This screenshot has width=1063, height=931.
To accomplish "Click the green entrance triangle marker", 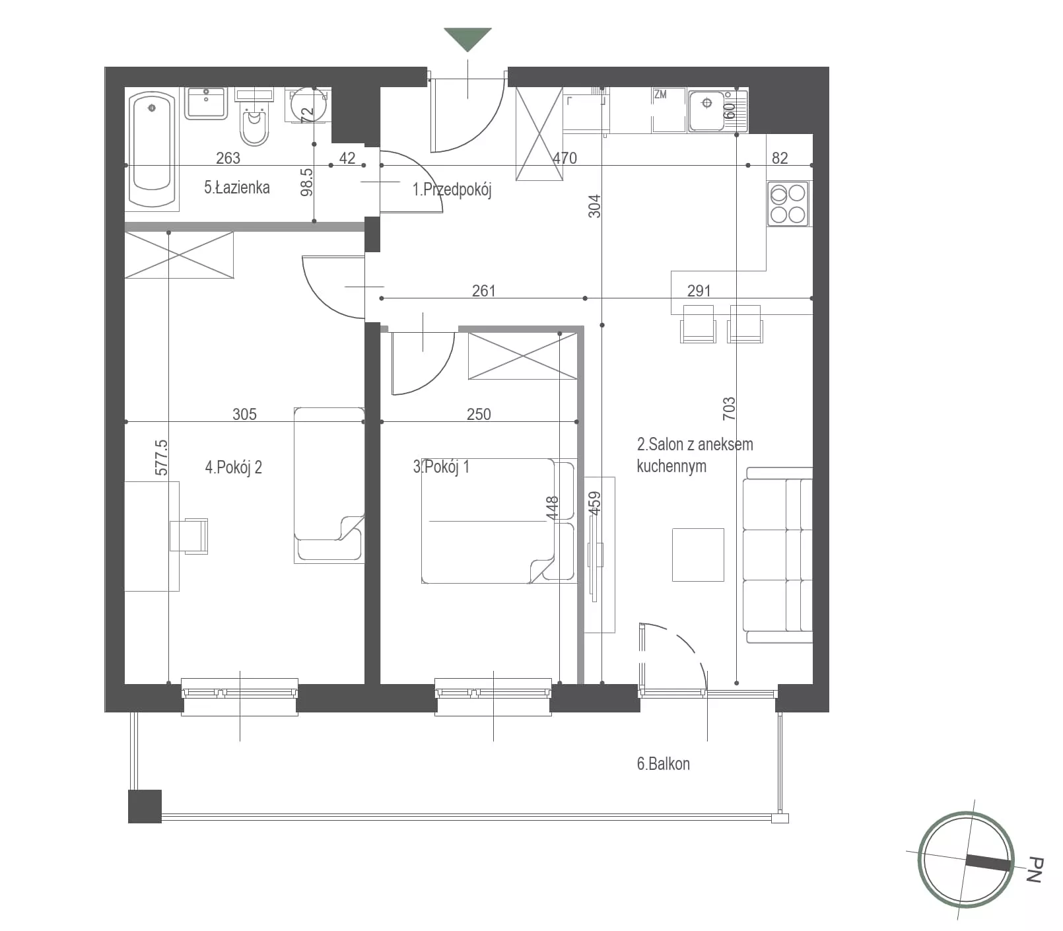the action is coord(467,38).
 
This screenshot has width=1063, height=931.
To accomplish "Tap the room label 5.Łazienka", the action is coord(236,188).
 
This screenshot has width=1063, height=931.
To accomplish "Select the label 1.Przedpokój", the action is coord(452,190).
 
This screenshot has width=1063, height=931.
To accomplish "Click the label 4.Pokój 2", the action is coord(234,467).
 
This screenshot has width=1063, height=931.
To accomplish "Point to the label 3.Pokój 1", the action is coord(441,467).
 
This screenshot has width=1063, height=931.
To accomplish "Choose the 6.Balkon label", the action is coord(663,764).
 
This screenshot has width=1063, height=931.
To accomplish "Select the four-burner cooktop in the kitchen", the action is coord(788,204).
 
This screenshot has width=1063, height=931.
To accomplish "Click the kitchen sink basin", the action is coord(707,110).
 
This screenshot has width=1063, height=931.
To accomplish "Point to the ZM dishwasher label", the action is coord(660,94).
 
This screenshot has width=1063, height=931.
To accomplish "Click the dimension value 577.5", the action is coord(161,457).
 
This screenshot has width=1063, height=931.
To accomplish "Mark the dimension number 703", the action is coord(729,408).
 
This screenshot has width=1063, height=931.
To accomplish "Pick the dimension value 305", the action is coord(244,414).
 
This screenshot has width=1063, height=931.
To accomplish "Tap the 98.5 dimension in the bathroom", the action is coord(306,182).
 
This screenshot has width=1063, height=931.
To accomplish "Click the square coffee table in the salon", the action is coord(698,555).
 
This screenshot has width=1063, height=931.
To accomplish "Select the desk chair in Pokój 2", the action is coord(189,535).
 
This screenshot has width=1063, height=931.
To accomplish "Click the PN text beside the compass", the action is coord(1035,870).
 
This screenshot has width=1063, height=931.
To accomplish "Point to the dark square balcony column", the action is coord(145,806).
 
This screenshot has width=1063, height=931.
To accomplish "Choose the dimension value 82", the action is coord(780,158).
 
